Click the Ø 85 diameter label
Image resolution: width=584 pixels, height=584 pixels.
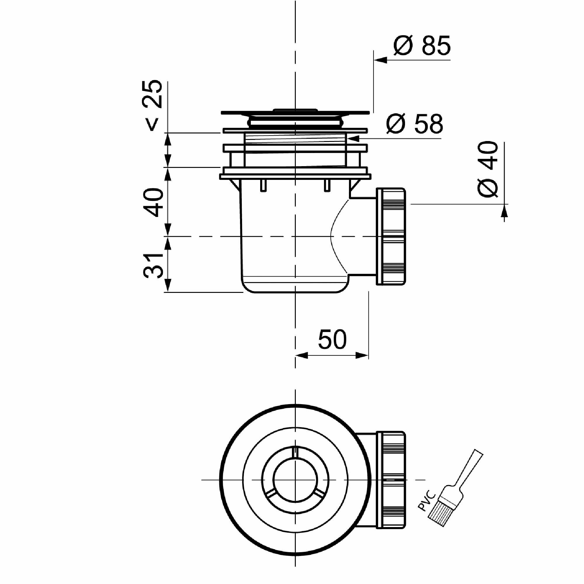(x=422, y=46)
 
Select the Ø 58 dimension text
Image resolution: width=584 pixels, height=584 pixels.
(x=414, y=124)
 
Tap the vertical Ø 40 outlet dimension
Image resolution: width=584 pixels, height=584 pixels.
(x=487, y=169)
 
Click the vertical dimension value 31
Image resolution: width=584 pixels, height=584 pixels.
(x=153, y=266)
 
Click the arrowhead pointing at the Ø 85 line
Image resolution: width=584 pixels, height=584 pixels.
(x=380, y=60)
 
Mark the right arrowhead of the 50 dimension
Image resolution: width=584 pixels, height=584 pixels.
(x=362, y=355)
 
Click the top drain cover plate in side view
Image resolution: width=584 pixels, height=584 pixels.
(x=295, y=113)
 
